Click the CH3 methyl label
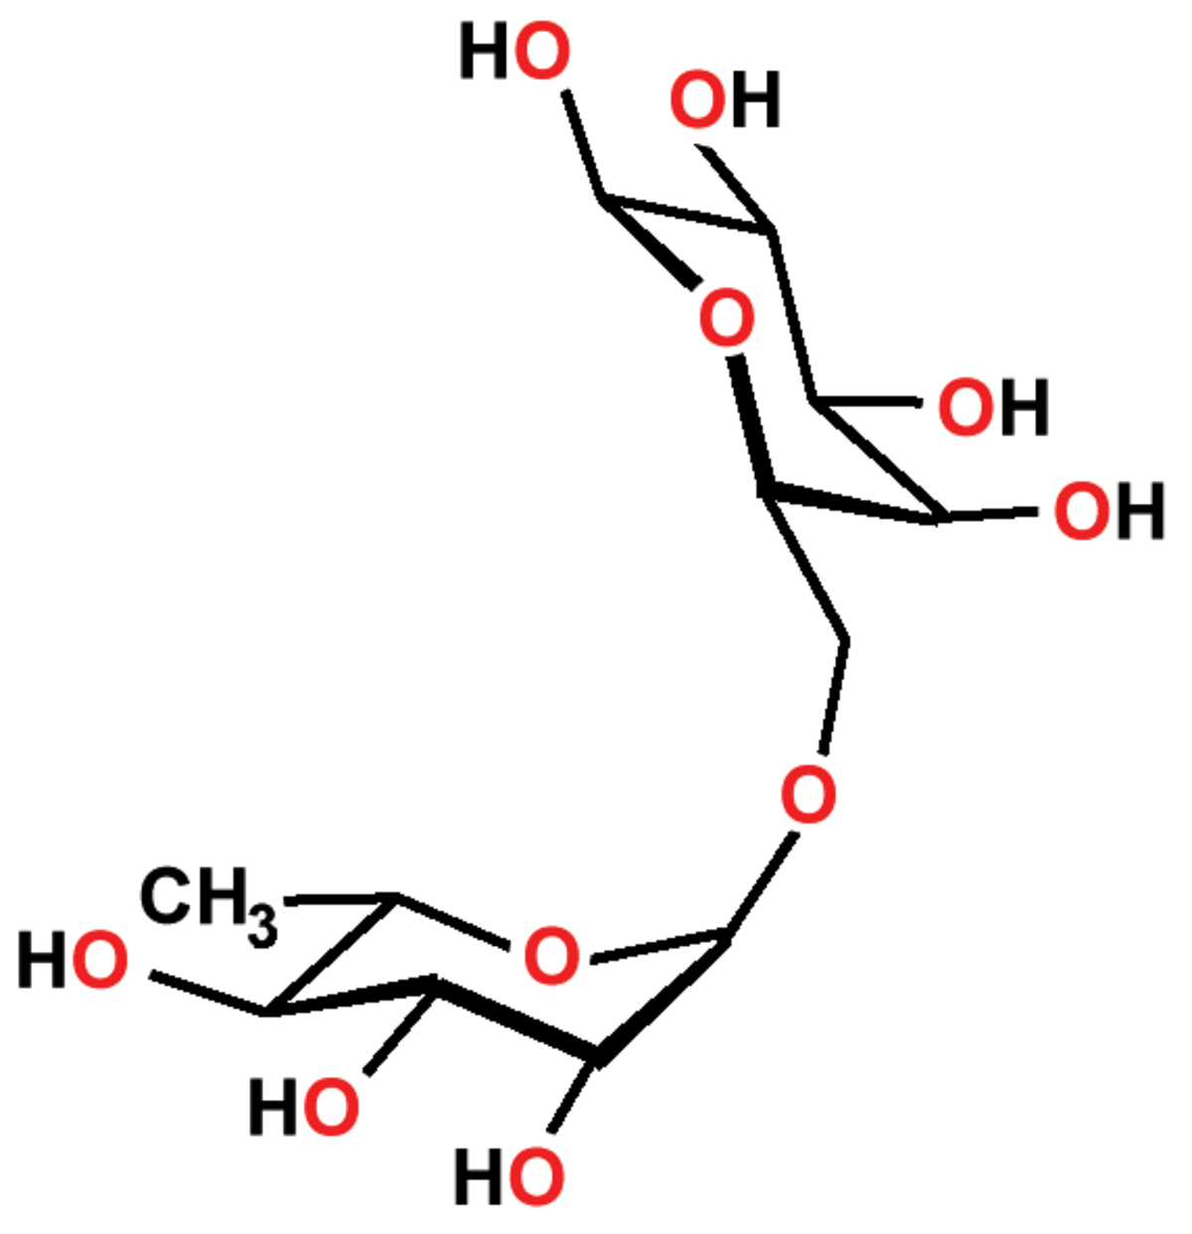pos(208,905)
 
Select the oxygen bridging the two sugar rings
pos(808,794)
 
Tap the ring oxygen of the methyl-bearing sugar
pos(550,956)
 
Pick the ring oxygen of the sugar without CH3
pos(726,317)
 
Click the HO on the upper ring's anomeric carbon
pos(515,51)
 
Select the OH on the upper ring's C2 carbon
pos(725,99)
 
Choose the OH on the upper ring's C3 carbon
pos(993,406)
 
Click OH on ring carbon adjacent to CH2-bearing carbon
pos(1109,511)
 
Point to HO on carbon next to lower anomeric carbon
pos(510,1176)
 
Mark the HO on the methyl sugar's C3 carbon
pos(304,1107)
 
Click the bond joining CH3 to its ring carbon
pos(341,898)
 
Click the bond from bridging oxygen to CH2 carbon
pos(833,697)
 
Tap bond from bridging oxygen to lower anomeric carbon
pos(760,885)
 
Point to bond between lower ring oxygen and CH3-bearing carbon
pos(452,923)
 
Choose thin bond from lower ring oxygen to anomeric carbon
pos(659,946)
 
